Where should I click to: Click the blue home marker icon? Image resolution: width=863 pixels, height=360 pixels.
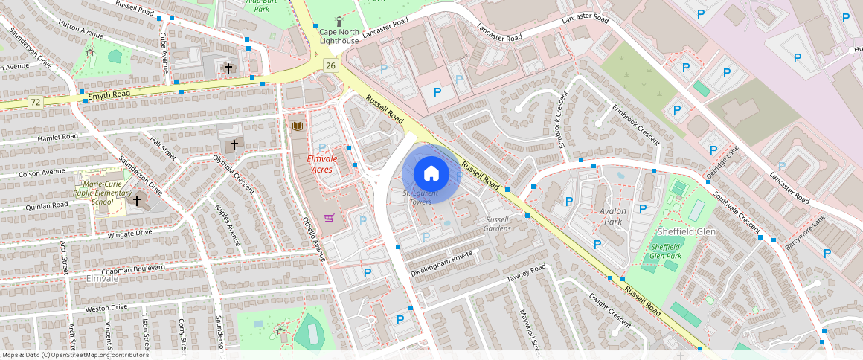[431, 174]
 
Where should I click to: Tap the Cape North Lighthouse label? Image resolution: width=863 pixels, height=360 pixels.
[339, 36]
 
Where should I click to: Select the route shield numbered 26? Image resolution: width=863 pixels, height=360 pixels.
[331, 66]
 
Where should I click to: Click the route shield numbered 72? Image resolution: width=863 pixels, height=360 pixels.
[35, 100]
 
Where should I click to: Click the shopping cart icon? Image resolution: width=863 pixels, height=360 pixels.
[329, 218]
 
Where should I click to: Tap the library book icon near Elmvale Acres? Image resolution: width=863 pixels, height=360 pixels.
[298, 126]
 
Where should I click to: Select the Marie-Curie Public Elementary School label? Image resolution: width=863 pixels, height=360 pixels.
[103, 193]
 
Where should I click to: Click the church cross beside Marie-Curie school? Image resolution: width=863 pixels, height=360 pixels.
[136, 200]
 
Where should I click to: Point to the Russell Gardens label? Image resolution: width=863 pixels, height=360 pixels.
[498, 224]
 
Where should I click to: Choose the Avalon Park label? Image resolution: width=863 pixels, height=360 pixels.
[614, 216]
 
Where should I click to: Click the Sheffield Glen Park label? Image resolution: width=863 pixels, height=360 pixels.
[666, 251]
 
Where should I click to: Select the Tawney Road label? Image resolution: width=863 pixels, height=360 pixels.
[526, 273]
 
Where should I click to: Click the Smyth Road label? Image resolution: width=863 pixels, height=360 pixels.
[109, 95]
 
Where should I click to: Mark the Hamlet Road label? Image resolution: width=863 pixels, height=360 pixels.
[57, 137]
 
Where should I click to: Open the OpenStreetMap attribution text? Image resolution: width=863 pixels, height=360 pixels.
[76, 355]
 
